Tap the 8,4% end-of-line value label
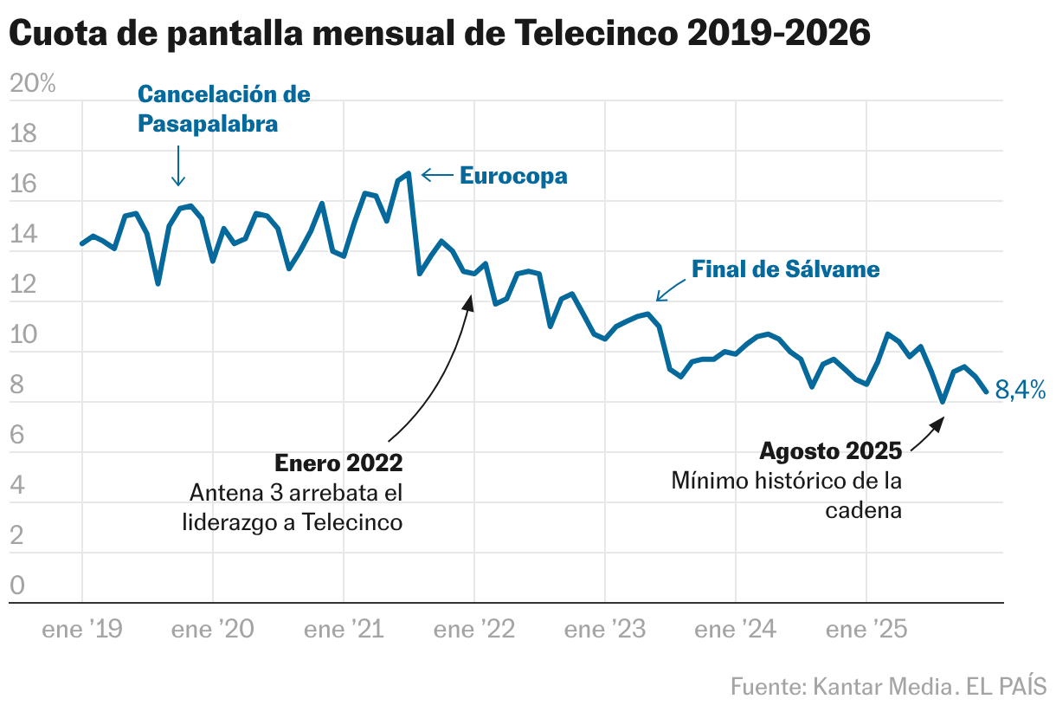point(1021,391)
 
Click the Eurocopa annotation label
point(513,176)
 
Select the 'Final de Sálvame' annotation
point(785,269)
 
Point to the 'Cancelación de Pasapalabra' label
point(223,109)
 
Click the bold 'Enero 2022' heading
point(338,463)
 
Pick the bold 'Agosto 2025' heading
point(830,451)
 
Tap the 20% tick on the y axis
point(32,84)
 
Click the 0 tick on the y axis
point(17,586)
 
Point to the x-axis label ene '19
point(81,630)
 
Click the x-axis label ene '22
point(474,630)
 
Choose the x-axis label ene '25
point(866,630)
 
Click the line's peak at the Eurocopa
point(408,174)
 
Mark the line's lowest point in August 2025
point(943,402)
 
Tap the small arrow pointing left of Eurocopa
point(437,176)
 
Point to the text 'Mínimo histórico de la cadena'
point(787,495)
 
